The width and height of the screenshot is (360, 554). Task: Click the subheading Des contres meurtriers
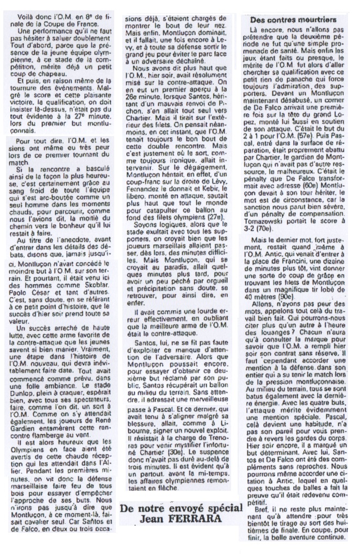293,19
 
